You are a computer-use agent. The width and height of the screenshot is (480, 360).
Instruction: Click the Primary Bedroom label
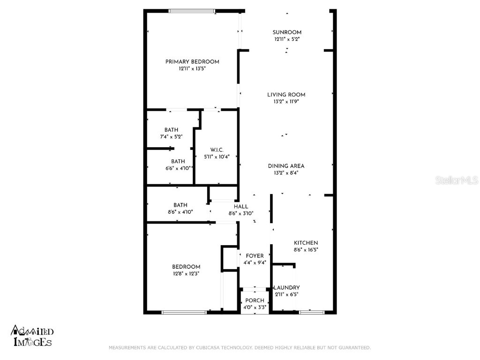192,62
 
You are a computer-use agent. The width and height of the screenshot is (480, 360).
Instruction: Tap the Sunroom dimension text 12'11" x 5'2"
287,39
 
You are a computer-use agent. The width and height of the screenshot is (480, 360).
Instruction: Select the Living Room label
286,95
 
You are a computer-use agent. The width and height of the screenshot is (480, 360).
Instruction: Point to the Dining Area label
286,166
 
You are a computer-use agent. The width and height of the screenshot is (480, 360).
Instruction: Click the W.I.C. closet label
210,150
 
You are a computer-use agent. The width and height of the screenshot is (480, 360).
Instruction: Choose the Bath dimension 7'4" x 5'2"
171,136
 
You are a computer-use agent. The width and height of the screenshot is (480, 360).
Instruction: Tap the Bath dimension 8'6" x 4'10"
180,212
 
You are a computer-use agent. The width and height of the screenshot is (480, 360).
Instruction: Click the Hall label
241,207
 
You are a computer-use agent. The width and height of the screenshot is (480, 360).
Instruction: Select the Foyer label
255,256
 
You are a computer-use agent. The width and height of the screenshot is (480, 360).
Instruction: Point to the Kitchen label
306,243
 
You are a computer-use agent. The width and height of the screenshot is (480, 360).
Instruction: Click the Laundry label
286,288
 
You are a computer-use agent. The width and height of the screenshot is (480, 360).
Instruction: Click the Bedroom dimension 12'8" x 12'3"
186,274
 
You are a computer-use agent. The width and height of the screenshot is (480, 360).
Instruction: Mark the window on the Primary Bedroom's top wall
192,11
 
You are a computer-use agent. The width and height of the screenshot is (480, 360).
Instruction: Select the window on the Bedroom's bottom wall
184,312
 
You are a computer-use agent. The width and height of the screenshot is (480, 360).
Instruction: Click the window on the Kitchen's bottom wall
311,312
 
